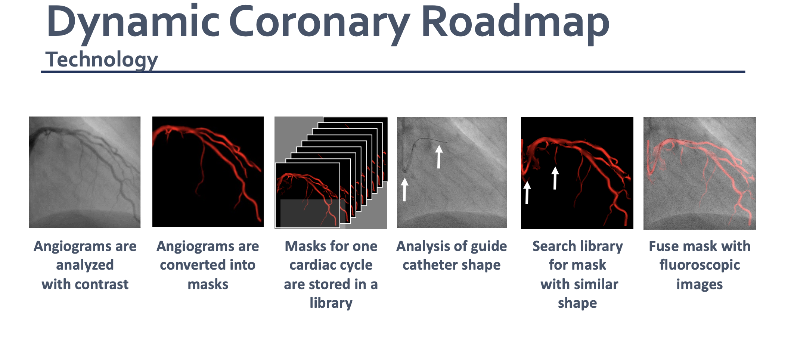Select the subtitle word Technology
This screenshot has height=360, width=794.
click(x=102, y=60)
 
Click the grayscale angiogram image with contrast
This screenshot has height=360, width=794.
click(x=85, y=172)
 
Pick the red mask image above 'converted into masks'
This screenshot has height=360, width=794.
click(x=208, y=172)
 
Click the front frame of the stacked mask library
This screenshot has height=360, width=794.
click(x=307, y=195)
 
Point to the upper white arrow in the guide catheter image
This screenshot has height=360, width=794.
click(x=439, y=157)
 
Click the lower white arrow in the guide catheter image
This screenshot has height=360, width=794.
click(x=404, y=190)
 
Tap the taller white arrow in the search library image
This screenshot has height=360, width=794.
click(x=555, y=178)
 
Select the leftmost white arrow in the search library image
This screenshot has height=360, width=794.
click(x=527, y=193)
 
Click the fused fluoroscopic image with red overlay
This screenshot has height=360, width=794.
click(x=700, y=173)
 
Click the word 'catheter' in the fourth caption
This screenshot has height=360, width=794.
click(x=430, y=265)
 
